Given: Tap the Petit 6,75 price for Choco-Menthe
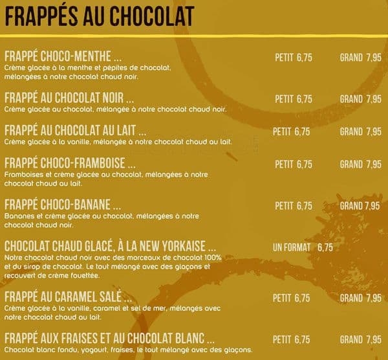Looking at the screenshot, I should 293,57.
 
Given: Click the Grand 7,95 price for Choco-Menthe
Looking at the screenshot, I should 360,57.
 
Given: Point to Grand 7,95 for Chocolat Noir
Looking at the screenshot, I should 360,99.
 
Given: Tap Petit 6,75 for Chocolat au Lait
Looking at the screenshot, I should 291,131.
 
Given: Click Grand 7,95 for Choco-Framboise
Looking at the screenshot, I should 360,164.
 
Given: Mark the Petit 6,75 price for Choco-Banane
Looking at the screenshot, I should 293,206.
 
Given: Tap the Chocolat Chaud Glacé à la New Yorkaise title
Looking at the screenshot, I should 110,247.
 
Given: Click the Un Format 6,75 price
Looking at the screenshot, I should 303,247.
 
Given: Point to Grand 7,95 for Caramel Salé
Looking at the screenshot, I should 360,298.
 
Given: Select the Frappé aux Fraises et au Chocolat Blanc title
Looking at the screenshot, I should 109,339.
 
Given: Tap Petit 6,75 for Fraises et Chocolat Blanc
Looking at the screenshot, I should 291,339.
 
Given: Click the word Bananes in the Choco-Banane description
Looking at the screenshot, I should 17,216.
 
